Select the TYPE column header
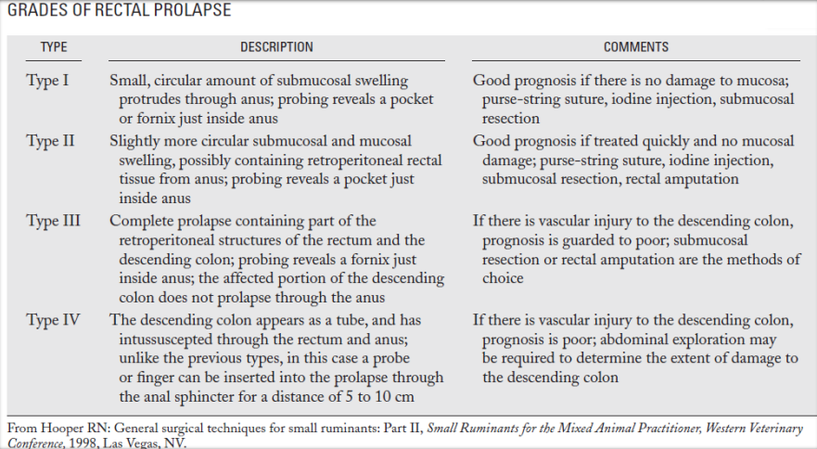[x=54, y=47]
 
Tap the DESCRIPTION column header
[x=276, y=47]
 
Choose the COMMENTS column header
[x=635, y=47]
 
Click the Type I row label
[x=47, y=81]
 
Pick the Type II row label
[x=50, y=141]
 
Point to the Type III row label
[x=53, y=221]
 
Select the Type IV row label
[x=53, y=320]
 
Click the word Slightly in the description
[x=137, y=141]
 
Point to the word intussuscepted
[x=163, y=340]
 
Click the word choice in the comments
[x=503, y=278]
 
